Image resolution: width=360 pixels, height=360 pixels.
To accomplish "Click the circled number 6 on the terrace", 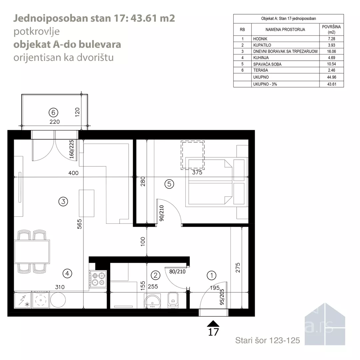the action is [x=53, y=113].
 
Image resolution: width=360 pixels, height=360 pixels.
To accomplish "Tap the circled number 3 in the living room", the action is [x=63, y=202].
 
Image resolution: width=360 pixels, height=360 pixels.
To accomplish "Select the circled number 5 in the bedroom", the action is [x=169, y=184].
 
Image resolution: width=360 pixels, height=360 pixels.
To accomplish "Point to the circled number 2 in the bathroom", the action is [x=155, y=275].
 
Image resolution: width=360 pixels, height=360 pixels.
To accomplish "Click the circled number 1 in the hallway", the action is [x=211, y=275].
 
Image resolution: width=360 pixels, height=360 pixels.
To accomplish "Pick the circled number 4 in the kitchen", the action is [x=67, y=273].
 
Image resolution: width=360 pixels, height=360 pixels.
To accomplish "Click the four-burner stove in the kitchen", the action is [x=98, y=279].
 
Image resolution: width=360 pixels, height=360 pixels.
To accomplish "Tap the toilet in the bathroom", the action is [x=173, y=300].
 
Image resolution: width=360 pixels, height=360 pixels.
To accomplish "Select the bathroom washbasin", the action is [x=152, y=301].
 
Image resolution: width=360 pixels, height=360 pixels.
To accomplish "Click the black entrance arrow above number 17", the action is [x=213, y=323].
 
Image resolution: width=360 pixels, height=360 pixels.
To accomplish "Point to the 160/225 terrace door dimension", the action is [x=71, y=149].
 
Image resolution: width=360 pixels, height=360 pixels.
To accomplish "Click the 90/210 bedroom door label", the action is [x=161, y=213].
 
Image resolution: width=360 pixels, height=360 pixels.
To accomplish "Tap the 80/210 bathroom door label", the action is [x=177, y=272].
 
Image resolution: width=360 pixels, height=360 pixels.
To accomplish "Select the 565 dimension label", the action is [x=79, y=224].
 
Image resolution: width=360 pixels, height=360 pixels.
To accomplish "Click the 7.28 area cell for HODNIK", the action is [x=332, y=39].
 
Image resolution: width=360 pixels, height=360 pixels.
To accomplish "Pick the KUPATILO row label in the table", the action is [x=262, y=45].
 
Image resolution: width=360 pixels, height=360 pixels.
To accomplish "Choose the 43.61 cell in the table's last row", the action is [x=332, y=84].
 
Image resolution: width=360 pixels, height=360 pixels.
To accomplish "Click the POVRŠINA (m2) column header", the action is [x=331, y=29].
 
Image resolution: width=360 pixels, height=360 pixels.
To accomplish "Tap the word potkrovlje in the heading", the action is [x=37, y=31].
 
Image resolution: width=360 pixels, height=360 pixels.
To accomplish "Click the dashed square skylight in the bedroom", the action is [x=193, y=155].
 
